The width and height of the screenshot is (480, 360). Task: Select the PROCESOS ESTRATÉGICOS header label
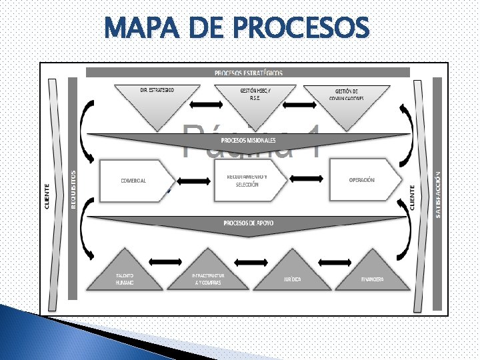248,73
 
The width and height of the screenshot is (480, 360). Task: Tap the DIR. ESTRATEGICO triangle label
157,90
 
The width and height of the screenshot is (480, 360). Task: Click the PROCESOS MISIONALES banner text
248,141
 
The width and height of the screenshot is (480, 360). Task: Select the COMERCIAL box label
133,181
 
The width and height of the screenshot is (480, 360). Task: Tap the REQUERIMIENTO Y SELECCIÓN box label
247,181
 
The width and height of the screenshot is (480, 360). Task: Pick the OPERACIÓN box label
361,180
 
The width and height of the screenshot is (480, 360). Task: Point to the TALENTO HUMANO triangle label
125,279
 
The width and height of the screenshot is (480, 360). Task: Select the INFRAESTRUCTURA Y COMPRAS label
208,279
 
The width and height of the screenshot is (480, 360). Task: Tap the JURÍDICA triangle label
291,279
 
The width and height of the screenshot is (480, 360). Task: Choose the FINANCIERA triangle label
372,279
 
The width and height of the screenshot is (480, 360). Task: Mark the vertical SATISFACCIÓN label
437,194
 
